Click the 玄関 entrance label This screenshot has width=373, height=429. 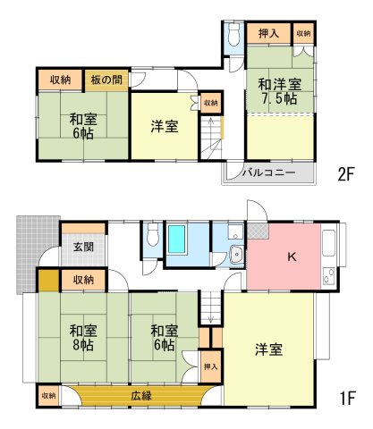84,247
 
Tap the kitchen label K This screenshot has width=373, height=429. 292,257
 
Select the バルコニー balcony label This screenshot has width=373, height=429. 268,172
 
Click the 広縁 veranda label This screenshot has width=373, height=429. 141,396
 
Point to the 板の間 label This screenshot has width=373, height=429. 106,80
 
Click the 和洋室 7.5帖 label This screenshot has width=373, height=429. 280,91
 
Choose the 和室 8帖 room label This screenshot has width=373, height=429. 83,338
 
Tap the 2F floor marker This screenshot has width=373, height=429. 345,175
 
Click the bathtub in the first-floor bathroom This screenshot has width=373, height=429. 176,240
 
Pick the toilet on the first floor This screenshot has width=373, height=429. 153,234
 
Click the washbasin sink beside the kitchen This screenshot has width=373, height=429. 237,255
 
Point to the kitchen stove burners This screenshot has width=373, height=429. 329,275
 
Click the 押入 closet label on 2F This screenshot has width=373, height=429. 268,33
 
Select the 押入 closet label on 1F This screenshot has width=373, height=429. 210,366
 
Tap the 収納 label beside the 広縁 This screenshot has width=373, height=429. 48,396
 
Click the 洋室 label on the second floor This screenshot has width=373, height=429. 165,126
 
